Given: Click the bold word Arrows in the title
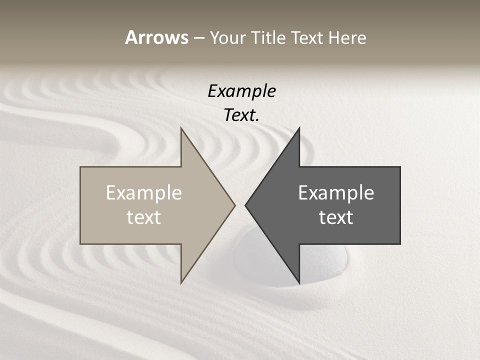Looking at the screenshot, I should pyautogui.click(x=156, y=37).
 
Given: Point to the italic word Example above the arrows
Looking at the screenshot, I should pyautogui.click(x=242, y=91).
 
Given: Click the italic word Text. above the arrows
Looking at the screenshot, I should pyautogui.click(x=242, y=115).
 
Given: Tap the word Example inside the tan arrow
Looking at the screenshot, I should pyautogui.click(x=144, y=193).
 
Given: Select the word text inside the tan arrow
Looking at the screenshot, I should pyautogui.click(x=144, y=217).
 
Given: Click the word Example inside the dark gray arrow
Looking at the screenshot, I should pyautogui.click(x=336, y=193).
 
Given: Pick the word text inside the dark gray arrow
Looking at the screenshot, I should pyautogui.click(x=336, y=217).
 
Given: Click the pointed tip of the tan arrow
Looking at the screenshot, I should pyautogui.click(x=234, y=205).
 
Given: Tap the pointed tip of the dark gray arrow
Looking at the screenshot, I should pyautogui.click(x=245, y=205).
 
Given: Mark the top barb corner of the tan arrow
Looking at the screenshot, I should pyautogui.click(x=181, y=128).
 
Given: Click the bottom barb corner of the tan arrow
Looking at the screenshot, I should pyautogui.click(x=181, y=283).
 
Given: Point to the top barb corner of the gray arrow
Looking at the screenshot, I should pyautogui.click(x=299, y=128).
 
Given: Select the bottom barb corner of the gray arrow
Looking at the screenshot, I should pyautogui.click(x=299, y=283).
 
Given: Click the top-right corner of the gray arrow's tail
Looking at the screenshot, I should pyautogui.click(x=400, y=167).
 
